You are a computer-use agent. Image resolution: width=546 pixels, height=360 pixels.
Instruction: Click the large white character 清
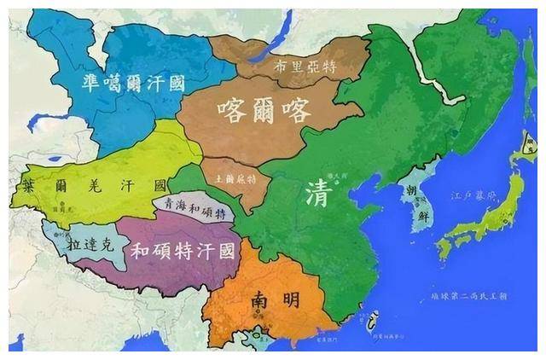pyautogui.click(x=315, y=194)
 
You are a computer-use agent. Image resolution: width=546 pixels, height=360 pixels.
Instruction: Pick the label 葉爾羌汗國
pyautogui.click(x=96, y=185)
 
